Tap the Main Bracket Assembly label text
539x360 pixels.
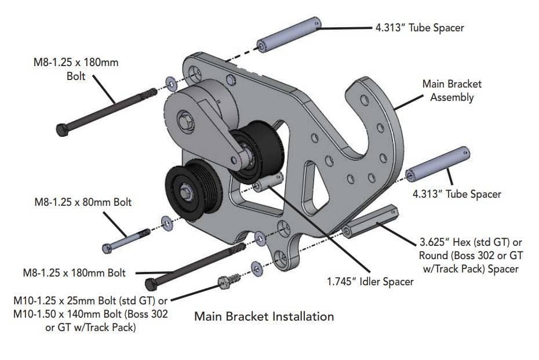tap(451, 90)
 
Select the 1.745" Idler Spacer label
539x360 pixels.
tap(370, 282)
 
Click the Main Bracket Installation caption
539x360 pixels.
tap(264, 317)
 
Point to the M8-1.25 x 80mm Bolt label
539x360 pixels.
tap(83, 202)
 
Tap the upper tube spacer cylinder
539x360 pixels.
tap(289, 34)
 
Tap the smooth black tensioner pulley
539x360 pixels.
tap(255, 152)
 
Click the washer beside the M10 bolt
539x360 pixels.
tap(256, 267)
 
